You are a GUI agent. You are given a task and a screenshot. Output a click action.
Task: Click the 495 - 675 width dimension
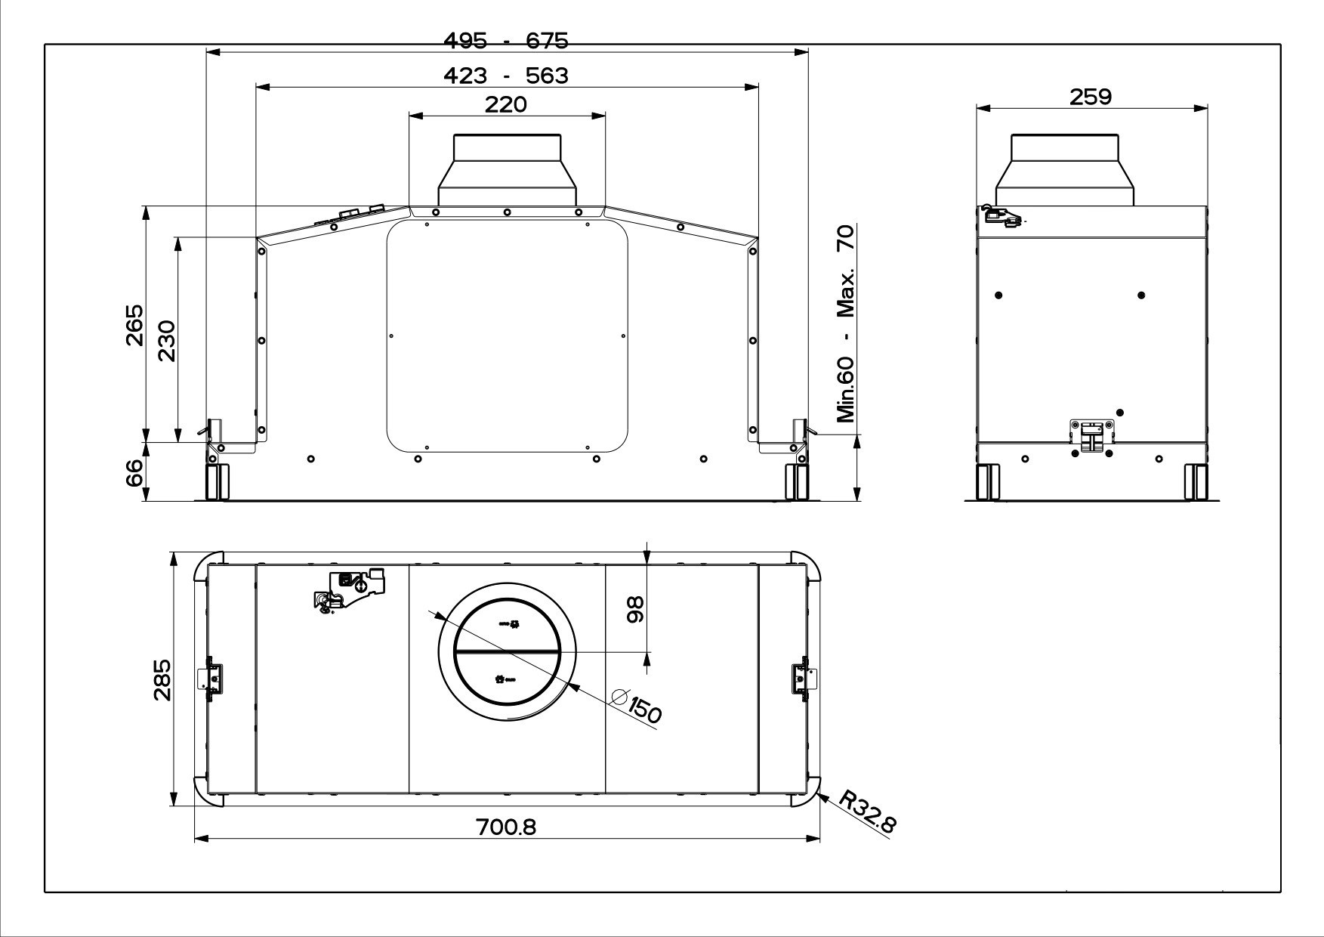[x=505, y=41]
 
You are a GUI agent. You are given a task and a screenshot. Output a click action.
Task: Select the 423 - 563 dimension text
[x=505, y=76]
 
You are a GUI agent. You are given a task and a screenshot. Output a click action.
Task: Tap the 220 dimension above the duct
[x=505, y=104]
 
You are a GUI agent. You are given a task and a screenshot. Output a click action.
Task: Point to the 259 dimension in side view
[x=1091, y=97]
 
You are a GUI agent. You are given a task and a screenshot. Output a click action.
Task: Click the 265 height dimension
[x=134, y=325]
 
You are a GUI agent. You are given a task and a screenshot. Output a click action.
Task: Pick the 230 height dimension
[x=167, y=341]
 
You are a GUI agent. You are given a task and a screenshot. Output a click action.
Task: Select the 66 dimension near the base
[x=134, y=473]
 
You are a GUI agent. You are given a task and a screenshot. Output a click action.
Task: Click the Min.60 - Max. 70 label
[x=846, y=324]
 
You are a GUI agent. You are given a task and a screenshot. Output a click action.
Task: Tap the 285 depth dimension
[x=162, y=680]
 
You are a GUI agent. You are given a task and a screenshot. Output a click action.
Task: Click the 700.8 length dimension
[x=505, y=827]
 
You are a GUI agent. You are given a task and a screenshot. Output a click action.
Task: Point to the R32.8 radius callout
[x=868, y=812]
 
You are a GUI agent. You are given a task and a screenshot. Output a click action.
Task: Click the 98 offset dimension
[x=636, y=610]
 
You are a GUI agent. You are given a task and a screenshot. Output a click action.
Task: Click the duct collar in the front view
[x=507, y=169]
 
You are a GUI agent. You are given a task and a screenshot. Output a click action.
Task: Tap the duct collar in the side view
[x=1065, y=169]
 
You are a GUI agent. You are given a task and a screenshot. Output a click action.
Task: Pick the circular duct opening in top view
[x=507, y=651]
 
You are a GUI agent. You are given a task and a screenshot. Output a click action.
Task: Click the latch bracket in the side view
[x=1092, y=438]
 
